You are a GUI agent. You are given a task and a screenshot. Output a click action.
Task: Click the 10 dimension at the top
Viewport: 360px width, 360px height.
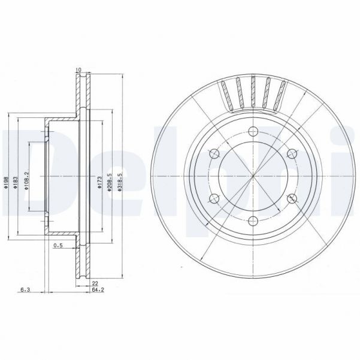[77, 70]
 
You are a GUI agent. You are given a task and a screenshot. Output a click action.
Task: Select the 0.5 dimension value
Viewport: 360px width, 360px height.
[58, 246]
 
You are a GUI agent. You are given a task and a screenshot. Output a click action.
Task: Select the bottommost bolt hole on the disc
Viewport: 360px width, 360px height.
[253, 220]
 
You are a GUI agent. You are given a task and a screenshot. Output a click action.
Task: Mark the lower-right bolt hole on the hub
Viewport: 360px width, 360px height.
[291, 198]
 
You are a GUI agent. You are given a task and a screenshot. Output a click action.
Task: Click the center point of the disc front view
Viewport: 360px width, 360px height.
[253, 176]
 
